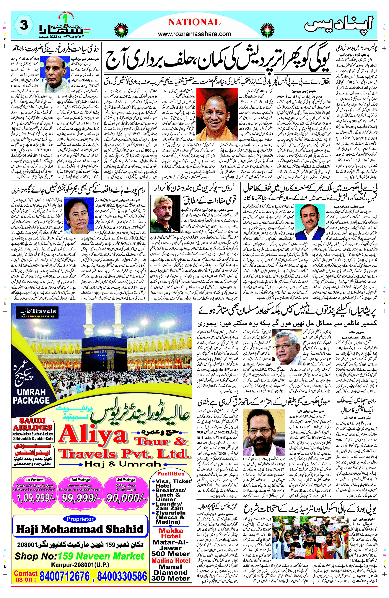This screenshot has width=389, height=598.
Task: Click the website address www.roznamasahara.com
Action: pyautogui.click(x=194, y=34)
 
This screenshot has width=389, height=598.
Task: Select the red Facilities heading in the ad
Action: pyautogui.click(x=171, y=474)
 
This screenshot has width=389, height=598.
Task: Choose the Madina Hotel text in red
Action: pyautogui.click(x=171, y=561)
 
